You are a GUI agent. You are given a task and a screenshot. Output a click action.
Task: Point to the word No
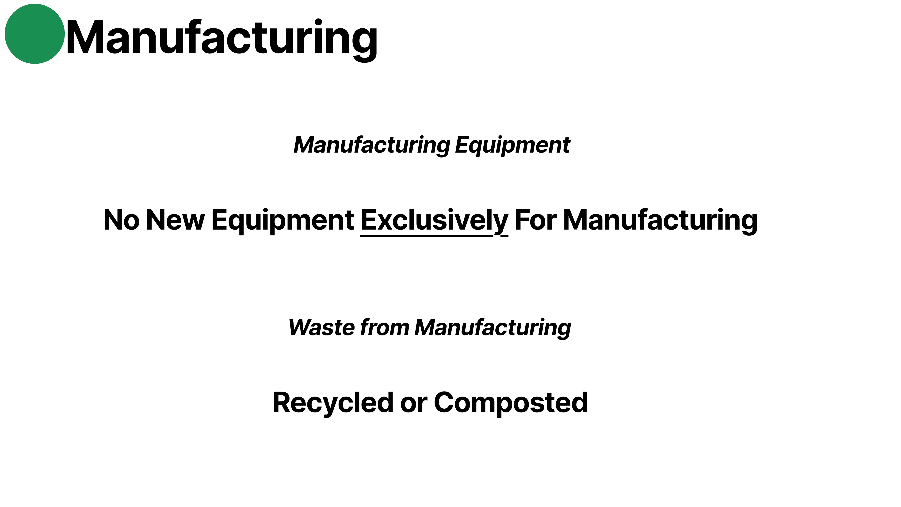pos(121,220)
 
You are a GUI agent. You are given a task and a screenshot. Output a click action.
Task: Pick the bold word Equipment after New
pos(283,220)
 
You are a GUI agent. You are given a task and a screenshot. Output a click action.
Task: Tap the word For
pos(535,220)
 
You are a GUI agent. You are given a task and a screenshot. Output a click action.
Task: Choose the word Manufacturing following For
pos(660,220)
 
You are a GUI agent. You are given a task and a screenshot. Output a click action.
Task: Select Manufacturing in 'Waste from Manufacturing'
pos(492,328)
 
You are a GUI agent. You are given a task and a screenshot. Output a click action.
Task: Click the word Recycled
pos(333,403)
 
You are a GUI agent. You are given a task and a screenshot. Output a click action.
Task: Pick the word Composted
pos(511,403)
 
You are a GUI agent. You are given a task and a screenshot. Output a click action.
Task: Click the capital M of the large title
pos(84,38)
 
